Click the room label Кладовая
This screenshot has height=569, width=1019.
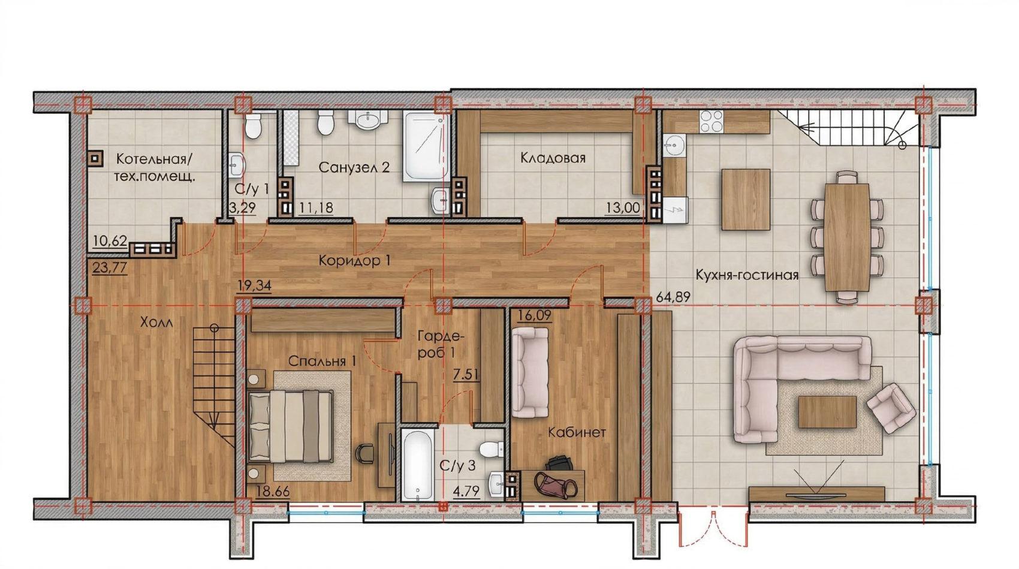[553, 158]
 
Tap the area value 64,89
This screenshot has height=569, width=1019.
[673, 297]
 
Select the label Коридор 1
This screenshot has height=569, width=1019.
[354, 261]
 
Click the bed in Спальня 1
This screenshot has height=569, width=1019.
[290, 426]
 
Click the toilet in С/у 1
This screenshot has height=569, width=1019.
[252, 125]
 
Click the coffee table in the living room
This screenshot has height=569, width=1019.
[827, 411]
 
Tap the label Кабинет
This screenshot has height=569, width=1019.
[577, 432]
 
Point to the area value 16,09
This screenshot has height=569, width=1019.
[534, 315]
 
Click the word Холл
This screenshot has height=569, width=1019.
[156, 323]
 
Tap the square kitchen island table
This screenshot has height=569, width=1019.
[746, 200]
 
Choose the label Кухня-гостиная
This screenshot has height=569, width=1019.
[747, 275]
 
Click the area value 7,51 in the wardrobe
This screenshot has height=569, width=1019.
[465, 375]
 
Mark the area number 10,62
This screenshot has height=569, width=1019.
[110, 240]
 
